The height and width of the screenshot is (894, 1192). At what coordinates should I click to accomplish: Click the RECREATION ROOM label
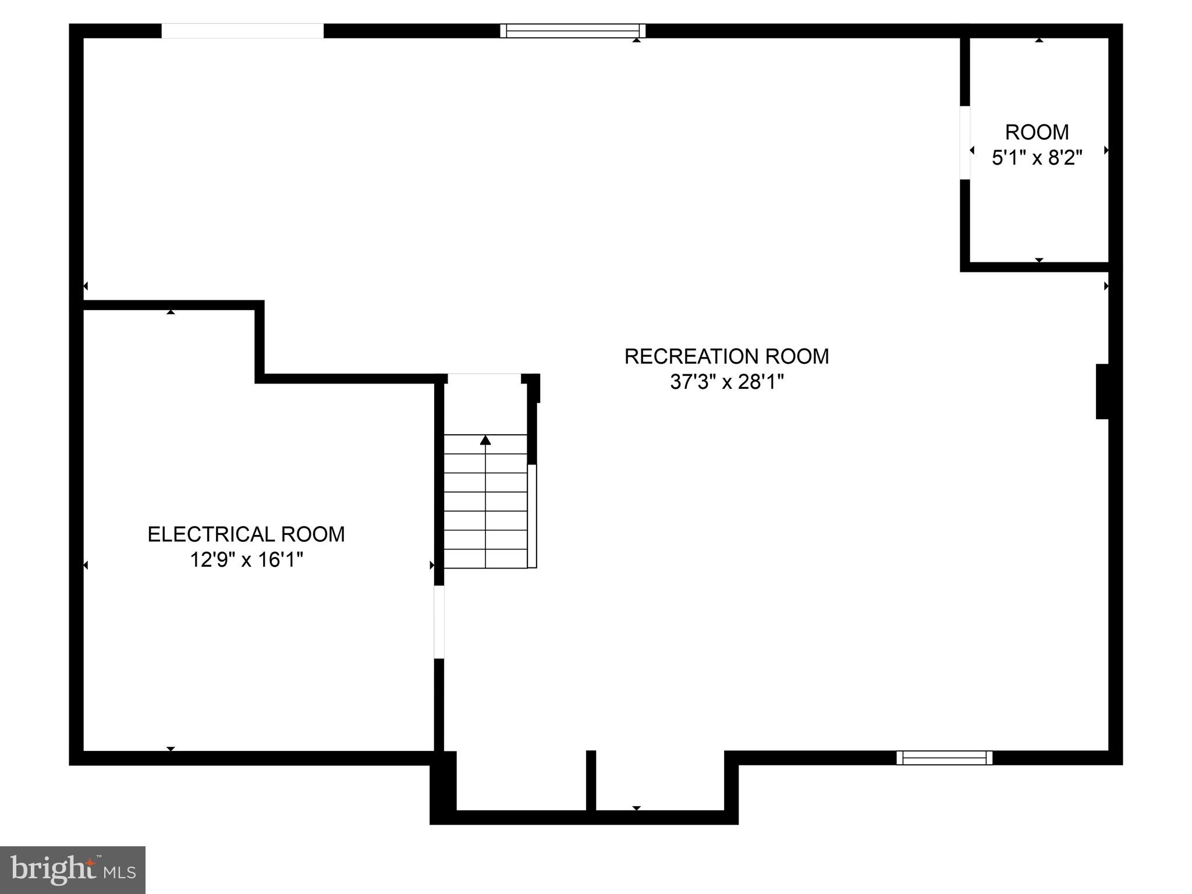coord(726,356)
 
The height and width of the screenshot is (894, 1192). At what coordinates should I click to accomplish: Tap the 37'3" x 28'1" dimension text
coord(727,382)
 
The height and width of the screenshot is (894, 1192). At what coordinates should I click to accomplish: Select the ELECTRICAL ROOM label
coord(246,534)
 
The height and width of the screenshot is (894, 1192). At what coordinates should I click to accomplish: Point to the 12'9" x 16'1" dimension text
coord(247,560)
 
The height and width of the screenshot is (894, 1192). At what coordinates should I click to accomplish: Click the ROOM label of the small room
coord(1037,133)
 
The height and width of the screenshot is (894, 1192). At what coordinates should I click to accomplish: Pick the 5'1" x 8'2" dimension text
coord(1037,158)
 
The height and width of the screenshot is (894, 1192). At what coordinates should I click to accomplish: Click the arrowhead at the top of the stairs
coord(485,440)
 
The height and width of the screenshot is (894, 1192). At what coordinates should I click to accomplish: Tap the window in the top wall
coord(573,31)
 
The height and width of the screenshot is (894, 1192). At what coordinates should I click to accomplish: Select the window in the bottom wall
coord(944,758)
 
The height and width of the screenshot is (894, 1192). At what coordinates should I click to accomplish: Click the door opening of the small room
coord(965,143)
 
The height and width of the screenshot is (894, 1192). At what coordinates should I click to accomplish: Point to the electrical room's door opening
coord(439,622)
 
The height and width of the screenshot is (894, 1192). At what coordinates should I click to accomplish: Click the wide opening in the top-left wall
coord(242,31)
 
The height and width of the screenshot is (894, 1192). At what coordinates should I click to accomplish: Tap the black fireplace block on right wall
coord(1102,391)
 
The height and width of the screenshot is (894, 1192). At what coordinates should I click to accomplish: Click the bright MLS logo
coord(73,870)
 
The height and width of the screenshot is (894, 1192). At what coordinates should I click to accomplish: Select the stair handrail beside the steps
coord(532,516)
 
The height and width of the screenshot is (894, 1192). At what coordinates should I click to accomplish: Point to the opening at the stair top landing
coord(484,378)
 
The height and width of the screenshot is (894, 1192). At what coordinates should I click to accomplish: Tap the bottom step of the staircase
coord(485,559)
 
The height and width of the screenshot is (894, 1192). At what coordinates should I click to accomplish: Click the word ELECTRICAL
coord(211,534)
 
